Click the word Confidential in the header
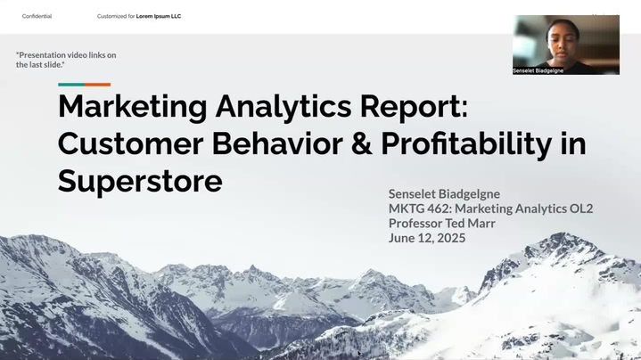click(37, 16)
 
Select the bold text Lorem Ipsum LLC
click(159, 16)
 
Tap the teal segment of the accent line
click(71, 85)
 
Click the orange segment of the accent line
click(98, 85)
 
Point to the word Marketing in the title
click(133, 107)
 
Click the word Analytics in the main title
click(284, 107)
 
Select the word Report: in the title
click(414, 107)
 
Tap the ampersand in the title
click(362, 143)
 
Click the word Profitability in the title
click(467, 144)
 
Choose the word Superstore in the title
click(140, 182)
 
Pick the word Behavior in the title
click(277, 143)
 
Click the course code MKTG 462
click(420, 209)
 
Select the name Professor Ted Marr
click(442, 223)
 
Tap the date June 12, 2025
click(427, 238)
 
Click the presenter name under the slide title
click(444, 193)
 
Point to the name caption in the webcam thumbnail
click(538, 70)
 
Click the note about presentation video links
click(66, 60)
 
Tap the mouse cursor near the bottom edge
click(359, 354)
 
